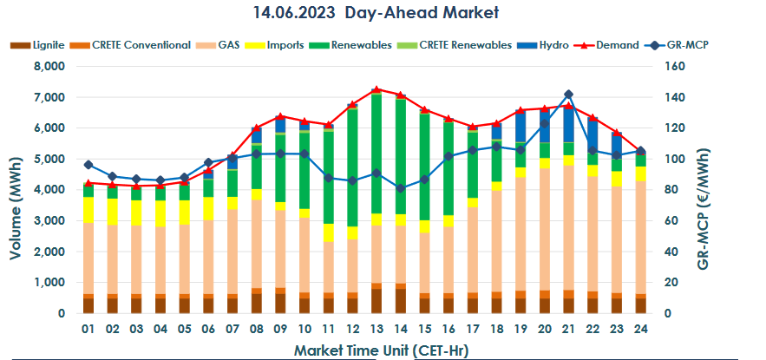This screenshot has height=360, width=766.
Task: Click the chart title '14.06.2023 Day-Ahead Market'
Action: click(x=383, y=14)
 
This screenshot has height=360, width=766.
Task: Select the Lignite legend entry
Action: click(x=36, y=45)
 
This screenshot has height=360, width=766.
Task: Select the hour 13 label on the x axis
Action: click(x=376, y=330)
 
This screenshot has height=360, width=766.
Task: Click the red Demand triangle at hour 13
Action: click(x=376, y=89)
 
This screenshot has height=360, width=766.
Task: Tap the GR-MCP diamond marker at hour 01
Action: click(x=88, y=165)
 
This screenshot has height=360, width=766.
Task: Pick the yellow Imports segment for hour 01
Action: click(x=88, y=210)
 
